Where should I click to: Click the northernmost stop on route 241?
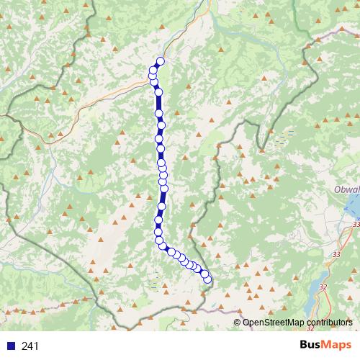(x=160, y=61)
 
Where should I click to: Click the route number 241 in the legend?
(x=30, y=346)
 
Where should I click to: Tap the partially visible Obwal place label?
(x=347, y=189)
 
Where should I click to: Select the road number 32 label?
(x=322, y=287)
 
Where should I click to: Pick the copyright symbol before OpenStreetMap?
(x=237, y=323)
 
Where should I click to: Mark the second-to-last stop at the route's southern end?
(x=205, y=274)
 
